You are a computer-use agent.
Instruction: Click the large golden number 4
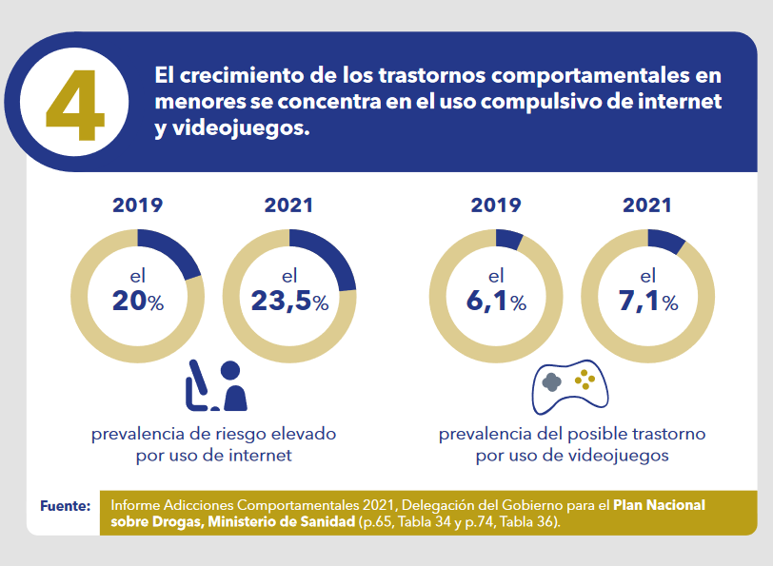click(x=75, y=105)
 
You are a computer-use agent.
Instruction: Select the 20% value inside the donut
click(x=138, y=301)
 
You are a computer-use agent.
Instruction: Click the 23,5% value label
click(x=289, y=301)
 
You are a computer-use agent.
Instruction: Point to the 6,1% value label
click(x=496, y=301)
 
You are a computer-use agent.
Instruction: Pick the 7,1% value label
click(x=647, y=301)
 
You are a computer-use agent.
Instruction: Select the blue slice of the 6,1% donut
click(x=508, y=239)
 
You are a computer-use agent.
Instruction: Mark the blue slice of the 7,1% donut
click(x=664, y=241)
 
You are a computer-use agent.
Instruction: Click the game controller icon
click(x=570, y=387)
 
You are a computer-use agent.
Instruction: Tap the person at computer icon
click(x=216, y=385)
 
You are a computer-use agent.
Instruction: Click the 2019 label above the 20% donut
click(x=137, y=205)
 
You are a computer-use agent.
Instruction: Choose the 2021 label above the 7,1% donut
click(x=647, y=205)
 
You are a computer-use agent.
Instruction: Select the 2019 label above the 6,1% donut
click(x=496, y=205)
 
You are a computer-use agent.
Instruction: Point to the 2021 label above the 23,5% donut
click(x=288, y=205)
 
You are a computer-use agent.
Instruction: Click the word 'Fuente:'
click(x=66, y=506)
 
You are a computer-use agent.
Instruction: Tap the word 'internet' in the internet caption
click(x=261, y=455)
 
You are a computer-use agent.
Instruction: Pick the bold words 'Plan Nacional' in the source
click(x=659, y=505)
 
